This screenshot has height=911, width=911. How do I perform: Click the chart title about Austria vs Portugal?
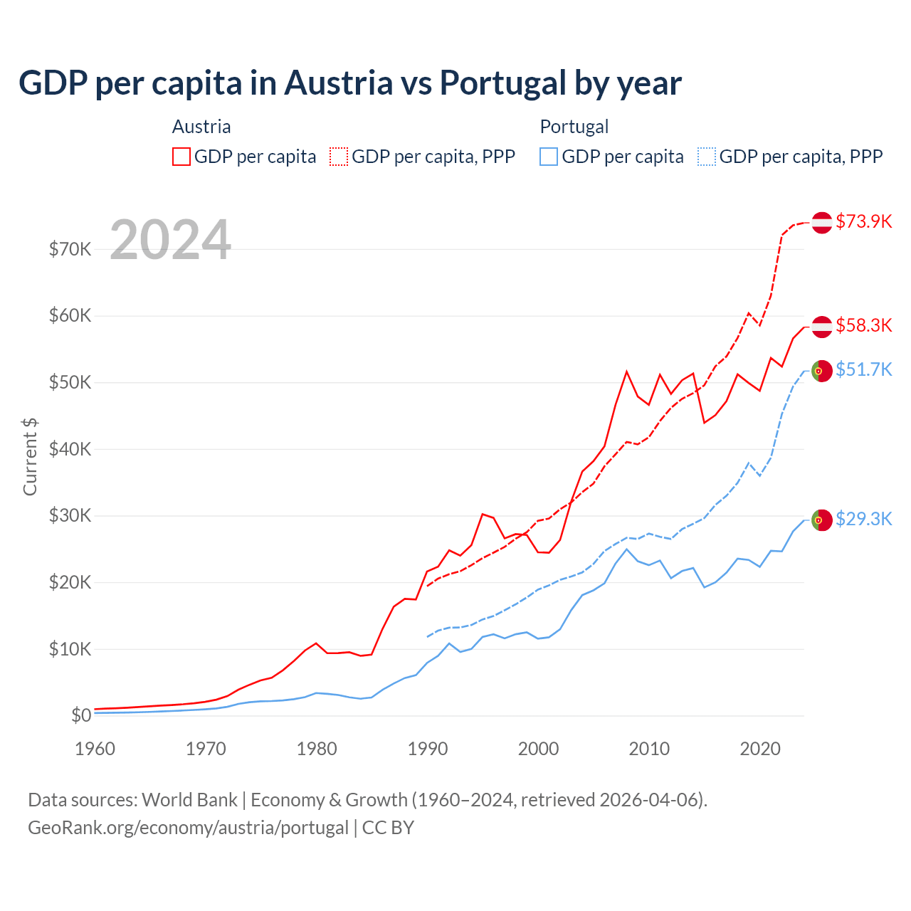(350, 83)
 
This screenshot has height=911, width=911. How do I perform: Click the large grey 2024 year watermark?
(171, 240)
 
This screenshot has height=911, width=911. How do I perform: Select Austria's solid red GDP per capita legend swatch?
(181, 157)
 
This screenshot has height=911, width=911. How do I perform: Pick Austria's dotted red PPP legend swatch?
(339, 157)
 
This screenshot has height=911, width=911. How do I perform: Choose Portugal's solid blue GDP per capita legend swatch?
(549, 157)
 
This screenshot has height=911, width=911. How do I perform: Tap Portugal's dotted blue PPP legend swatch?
(707, 157)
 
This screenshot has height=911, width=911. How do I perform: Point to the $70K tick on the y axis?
(70, 249)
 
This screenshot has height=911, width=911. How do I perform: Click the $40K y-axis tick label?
(70, 449)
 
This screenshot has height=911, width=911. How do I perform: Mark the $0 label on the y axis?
(81, 715)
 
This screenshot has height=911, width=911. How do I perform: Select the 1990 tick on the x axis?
(428, 749)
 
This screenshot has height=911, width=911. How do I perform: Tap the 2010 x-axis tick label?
(649, 749)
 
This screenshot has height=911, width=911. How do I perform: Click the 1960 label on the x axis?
(95, 749)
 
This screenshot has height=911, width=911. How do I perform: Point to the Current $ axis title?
(30, 456)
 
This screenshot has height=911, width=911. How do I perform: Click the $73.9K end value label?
(863, 221)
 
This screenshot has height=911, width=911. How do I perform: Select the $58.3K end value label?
(863, 325)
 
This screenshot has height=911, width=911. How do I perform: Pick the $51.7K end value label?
(863, 369)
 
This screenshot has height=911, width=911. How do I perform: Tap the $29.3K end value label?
(863, 519)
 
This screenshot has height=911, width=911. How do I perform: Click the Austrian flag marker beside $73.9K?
(822, 223)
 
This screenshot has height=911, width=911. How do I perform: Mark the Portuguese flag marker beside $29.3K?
(822, 520)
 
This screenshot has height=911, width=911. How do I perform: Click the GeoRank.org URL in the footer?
(188, 828)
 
